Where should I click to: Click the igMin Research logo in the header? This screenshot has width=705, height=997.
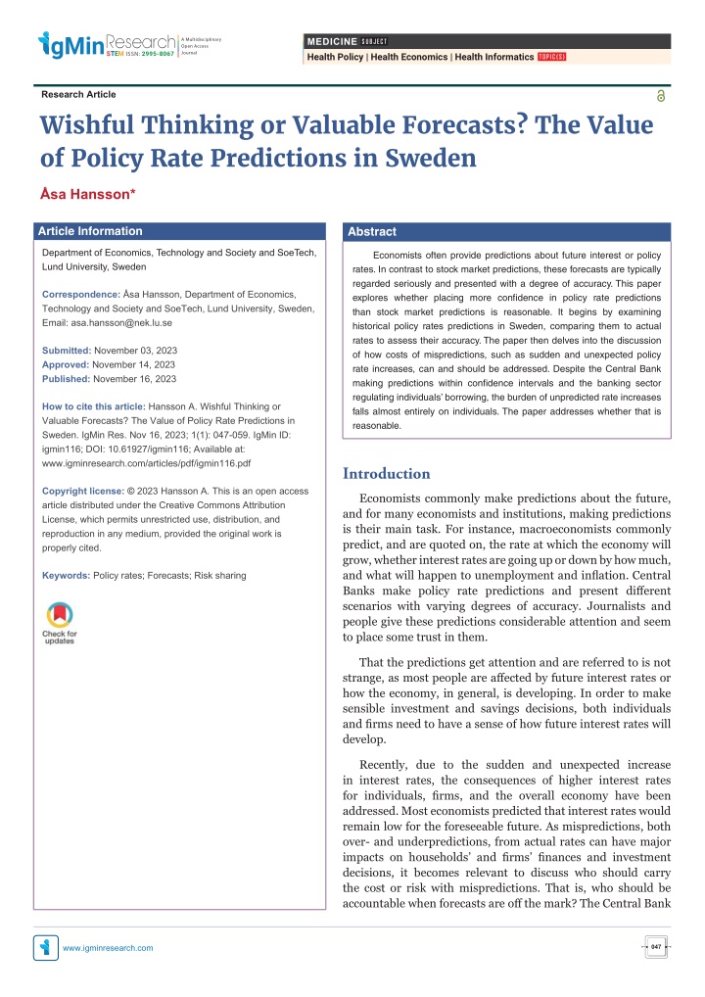point(129,45)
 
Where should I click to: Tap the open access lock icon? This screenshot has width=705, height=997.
point(661,96)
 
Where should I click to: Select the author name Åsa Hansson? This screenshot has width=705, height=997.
point(88,194)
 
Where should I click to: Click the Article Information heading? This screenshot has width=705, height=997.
point(90,231)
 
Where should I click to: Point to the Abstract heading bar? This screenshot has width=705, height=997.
point(506,232)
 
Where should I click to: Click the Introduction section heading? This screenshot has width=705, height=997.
point(387,474)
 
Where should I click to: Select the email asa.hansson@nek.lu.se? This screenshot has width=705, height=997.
point(121,323)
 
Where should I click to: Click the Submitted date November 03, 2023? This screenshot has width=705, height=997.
point(135,351)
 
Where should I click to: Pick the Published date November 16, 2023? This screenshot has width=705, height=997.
point(135,379)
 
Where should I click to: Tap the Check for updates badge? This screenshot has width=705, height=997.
point(60,623)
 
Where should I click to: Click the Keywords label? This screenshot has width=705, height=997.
point(67,576)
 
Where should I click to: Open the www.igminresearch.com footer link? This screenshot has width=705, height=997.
point(108,948)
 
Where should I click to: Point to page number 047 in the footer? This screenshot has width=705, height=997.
point(656,947)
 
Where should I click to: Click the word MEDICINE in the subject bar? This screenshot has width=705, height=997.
point(332,41)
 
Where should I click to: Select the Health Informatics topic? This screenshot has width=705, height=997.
point(493,57)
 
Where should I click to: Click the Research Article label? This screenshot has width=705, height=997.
point(79,94)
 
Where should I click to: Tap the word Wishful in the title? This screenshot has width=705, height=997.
point(87,125)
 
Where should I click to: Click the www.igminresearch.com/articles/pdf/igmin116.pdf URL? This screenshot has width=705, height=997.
point(146,463)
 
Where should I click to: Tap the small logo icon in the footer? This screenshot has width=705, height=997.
point(46,947)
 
